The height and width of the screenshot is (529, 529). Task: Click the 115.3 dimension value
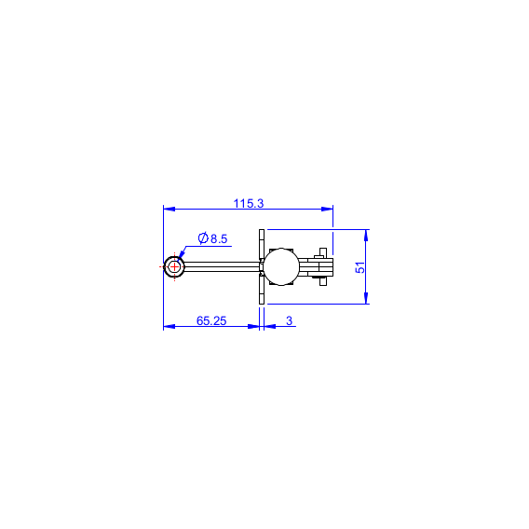coord(249,203)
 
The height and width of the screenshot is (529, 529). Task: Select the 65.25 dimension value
coord(211,320)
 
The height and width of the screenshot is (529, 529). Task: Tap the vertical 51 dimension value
coord(360,267)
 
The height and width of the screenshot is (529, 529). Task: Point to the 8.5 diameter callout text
coord(212,238)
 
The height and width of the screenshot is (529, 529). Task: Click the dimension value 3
coord(289,320)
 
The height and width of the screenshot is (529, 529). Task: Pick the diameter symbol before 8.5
coord(203,238)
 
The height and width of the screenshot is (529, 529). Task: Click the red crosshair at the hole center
coord(174,267)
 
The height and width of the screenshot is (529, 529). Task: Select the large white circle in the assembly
coord(281,267)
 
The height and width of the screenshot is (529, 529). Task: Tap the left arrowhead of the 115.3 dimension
coord(169,209)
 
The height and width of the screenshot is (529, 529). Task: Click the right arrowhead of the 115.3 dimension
coord(327,209)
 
